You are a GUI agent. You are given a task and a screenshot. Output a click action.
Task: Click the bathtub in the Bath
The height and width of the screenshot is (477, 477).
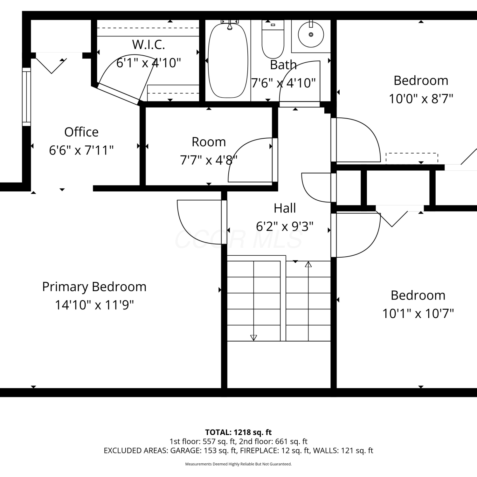[x=228, y=60]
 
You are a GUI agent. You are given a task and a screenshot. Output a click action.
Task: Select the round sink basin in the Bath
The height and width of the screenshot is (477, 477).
[x=311, y=34]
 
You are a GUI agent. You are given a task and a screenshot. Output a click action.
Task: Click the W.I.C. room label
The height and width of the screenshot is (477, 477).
[x=149, y=45]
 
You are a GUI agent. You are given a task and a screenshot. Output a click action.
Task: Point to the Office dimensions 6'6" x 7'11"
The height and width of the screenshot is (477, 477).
[x=81, y=150]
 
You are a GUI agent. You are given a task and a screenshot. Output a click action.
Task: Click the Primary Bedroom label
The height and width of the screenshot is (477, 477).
[x=94, y=287]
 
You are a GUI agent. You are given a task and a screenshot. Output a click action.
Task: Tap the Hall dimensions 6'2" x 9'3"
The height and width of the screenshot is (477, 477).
[x=285, y=226]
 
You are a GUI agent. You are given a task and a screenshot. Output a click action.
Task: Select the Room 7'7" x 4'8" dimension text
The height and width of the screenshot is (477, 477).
[x=209, y=160]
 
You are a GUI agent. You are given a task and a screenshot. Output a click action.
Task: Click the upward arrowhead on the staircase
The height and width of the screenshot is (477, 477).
[x=308, y=264]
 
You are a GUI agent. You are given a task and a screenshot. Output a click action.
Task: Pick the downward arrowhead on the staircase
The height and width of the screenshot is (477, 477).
[x=253, y=338]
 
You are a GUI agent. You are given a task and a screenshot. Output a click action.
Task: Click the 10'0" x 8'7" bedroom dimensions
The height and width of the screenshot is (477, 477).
[x=421, y=99]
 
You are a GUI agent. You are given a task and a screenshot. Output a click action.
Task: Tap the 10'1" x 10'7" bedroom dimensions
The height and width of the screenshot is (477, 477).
[x=418, y=314]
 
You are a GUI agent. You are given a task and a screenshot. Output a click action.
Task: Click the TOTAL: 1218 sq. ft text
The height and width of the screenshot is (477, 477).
[x=238, y=432]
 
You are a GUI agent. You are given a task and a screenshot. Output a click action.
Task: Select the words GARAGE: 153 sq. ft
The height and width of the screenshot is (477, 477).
[x=203, y=451]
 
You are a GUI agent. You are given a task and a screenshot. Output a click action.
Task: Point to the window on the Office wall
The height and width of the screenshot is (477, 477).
[x=26, y=97]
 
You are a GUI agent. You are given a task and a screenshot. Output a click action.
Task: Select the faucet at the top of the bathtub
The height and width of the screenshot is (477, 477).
[x=230, y=24]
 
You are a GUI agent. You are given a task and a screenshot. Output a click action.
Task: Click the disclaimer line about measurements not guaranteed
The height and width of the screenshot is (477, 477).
[x=238, y=464]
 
